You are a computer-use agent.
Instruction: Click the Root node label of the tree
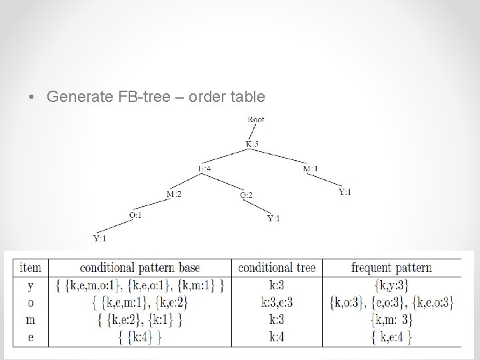tap(255, 119)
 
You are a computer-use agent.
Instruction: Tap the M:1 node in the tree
tap(310, 169)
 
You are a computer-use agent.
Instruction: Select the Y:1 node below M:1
tap(345, 193)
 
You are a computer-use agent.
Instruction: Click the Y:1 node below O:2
tap(274, 218)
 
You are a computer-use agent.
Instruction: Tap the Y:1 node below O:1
tap(99, 238)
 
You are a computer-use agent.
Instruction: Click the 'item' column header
tap(31, 268)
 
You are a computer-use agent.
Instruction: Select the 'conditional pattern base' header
tap(139, 268)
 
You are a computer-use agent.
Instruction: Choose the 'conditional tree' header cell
tap(276, 268)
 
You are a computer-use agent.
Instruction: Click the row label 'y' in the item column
tap(31, 285)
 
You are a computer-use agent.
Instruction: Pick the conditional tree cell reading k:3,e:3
tap(276, 303)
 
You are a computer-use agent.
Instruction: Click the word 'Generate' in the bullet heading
tap(75, 97)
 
